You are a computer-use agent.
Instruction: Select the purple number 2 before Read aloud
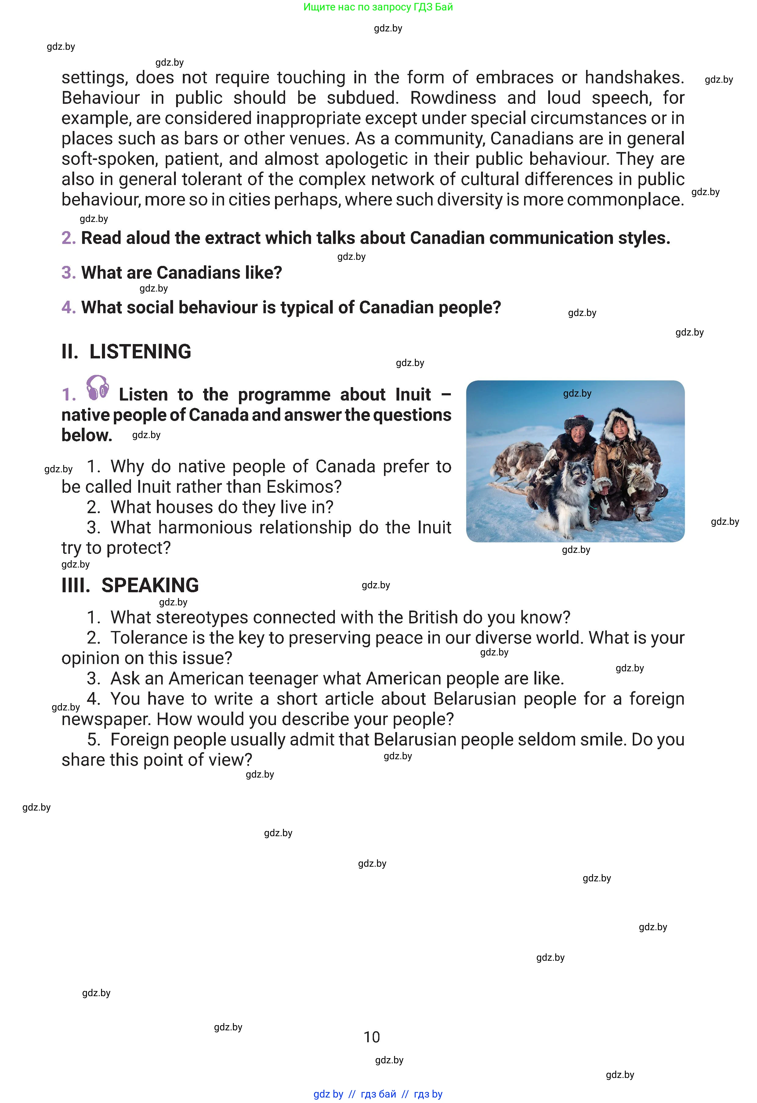pos(68,238)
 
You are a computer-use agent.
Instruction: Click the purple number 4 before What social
pos(68,307)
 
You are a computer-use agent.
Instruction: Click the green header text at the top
pos(378,7)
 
